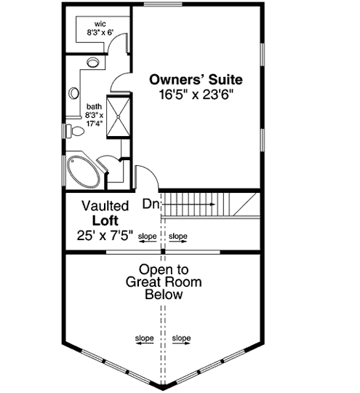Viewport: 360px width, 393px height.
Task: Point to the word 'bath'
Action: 95,106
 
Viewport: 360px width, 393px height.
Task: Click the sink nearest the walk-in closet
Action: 92,63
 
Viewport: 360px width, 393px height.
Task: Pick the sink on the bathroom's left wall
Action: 73,94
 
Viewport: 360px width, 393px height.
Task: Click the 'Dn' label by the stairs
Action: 151,205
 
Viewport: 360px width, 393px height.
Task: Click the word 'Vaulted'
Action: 105,206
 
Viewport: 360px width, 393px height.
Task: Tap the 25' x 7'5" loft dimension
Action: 105,235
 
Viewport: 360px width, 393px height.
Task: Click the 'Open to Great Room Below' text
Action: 163,282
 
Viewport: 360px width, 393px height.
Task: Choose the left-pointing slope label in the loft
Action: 148,237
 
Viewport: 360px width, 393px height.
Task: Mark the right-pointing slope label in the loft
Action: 178,237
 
